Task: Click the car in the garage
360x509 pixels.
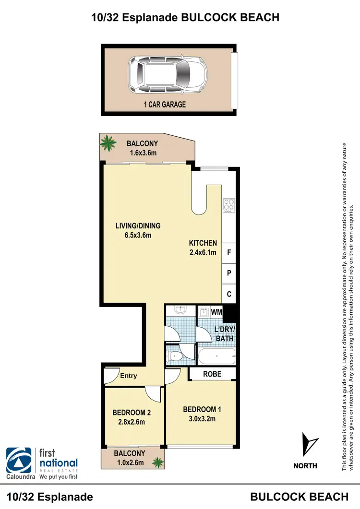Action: click(x=168, y=74)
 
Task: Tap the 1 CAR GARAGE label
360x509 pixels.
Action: click(x=165, y=104)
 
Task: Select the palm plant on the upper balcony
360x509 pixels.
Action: click(x=109, y=142)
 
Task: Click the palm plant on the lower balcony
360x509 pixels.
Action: click(x=156, y=462)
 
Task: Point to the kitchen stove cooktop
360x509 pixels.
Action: click(x=228, y=205)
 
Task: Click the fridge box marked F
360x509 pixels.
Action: click(x=229, y=252)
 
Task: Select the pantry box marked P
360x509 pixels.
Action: click(x=229, y=273)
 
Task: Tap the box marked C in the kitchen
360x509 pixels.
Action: click(x=229, y=294)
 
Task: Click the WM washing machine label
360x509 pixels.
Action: click(x=216, y=312)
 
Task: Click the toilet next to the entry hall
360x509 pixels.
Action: click(x=174, y=356)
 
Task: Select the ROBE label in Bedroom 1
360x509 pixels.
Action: click(x=212, y=373)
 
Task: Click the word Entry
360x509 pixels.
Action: click(x=129, y=376)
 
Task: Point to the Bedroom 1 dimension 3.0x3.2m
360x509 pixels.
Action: click(x=202, y=419)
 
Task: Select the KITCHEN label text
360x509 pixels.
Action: click(x=203, y=243)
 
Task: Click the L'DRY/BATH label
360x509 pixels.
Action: click(x=224, y=334)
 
